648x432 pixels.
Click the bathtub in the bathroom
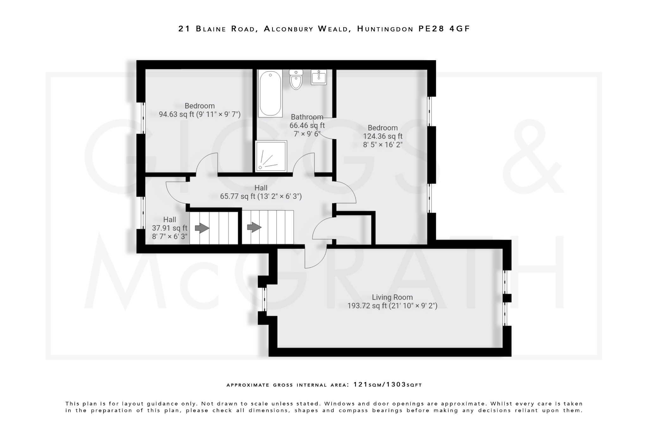click(270, 93)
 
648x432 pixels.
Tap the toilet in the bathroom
click(296, 80)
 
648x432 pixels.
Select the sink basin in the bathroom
click(319, 77)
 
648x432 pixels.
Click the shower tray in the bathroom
click(271, 156)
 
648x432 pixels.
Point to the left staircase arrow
click(202, 228)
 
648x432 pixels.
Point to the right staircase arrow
click(254, 227)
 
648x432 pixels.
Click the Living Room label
click(392, 297)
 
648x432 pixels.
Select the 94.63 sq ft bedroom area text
click(200, 114)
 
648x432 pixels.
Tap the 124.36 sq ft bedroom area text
click(383, 136)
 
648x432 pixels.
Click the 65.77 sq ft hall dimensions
click(261, 197)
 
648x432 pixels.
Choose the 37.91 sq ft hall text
click(170, 228)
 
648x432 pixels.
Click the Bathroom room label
click(307, 117)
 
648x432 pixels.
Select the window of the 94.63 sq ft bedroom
click(143, 117)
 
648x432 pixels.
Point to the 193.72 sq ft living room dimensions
click(392, 306)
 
